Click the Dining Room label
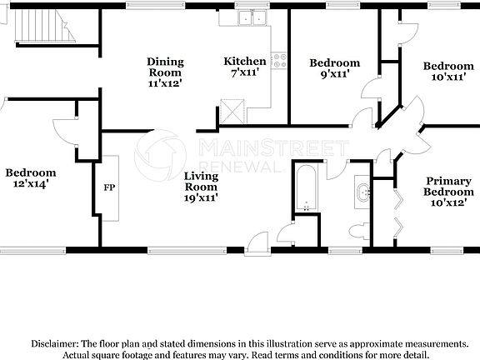pyautogui.click(x=165, y=67)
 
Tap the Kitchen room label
pyautogui.click(x=245, y=62)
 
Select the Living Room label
pyautogui.click(x=201, y=182)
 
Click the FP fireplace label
pyautogui.click(x=109, y=187)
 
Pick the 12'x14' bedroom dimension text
pyautogui.click(x=30, y=184)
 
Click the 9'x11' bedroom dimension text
pyautogui.click(x=334, y=74)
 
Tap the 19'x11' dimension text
pyautogui.click(x=201, y=198)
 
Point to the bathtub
pyautogui.click(x=306, y=189)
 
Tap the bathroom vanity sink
pyautogui.click(x=363, y=193)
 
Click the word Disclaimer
pyautogui.click(x=54, y=343)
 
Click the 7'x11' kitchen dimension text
pyautogui.click(x=245, y=73)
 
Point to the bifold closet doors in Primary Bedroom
pyautogui.click(x=396, y=212)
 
